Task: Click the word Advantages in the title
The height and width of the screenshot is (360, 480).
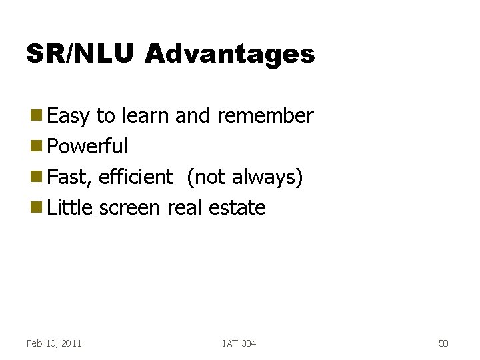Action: point(229,55)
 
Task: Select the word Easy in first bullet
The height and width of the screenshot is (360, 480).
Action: point(69,117)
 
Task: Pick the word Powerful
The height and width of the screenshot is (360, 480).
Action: point(88,147)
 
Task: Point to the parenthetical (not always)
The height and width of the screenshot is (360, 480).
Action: point(245,178)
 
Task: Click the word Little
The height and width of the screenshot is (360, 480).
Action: point(71,208)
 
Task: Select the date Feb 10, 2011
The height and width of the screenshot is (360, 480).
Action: point(54,343)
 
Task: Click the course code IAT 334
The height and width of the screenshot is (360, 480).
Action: point(239,343)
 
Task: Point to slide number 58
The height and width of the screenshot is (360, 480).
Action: point(443,343)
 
